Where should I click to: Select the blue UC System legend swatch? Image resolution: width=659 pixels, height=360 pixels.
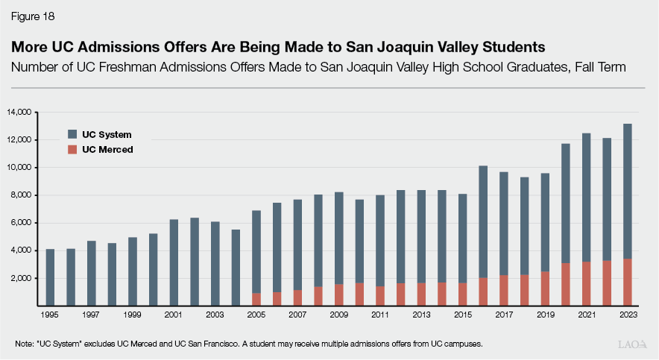pos(72,134)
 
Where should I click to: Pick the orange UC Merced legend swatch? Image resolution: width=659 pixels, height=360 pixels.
pos(72,149)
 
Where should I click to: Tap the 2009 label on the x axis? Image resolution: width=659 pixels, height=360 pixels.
pos(338,315)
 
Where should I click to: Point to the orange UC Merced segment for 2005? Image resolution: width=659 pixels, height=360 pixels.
pos(256,299)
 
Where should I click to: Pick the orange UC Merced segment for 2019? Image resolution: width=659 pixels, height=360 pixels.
pos(544,288)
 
